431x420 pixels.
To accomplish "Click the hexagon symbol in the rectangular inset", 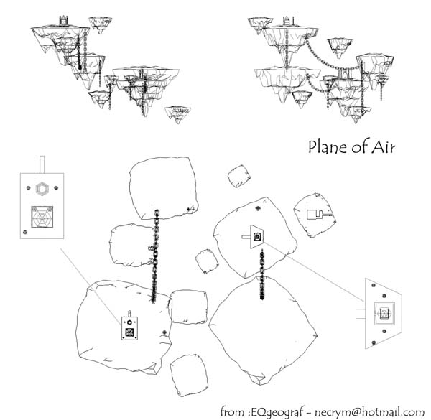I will (x=43, y=189).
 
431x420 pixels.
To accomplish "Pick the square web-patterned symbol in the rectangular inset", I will (x=43, y=218).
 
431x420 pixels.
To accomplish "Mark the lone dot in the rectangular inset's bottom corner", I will (x=25, y=231).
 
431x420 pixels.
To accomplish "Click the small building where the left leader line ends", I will (x=130, y=328).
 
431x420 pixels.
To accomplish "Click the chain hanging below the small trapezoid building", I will (x=263, y=276).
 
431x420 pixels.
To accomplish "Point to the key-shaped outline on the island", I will (x=315, y=213).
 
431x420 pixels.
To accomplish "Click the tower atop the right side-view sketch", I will (x=287, y=21).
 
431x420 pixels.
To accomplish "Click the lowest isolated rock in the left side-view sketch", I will (x=177, y=113).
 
